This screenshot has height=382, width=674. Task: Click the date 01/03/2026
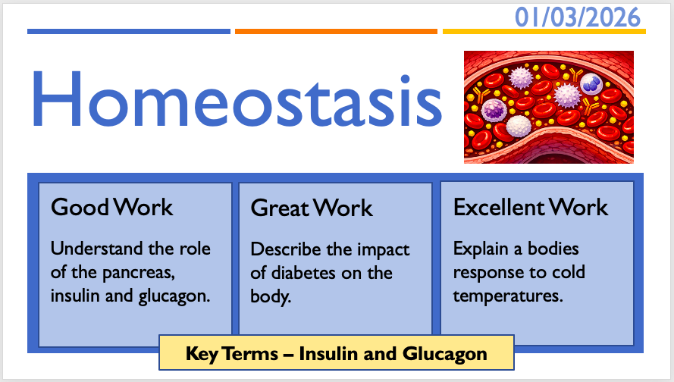click(578, 17)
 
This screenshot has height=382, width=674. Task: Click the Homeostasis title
click(237, 99)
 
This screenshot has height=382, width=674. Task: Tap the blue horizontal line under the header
click(129, 31)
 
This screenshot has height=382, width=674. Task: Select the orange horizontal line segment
click(336, 31)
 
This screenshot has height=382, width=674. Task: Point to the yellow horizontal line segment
click(544, 31)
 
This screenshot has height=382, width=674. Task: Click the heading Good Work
click(111, 207)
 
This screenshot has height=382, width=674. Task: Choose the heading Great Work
click(312, 208)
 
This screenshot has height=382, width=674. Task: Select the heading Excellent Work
click(531, 208)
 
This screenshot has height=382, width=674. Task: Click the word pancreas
click(139, 273)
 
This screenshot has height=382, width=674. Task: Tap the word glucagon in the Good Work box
click(174, 296)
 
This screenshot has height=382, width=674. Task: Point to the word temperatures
click(508, 296)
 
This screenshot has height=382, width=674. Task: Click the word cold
click(569, 272)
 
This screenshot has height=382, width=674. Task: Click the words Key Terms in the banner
click(232, 354)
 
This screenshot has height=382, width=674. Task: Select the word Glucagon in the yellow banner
click(445, 355)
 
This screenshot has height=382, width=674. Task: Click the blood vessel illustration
click(548, 107)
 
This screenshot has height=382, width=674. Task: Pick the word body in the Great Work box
click(271, 296)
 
